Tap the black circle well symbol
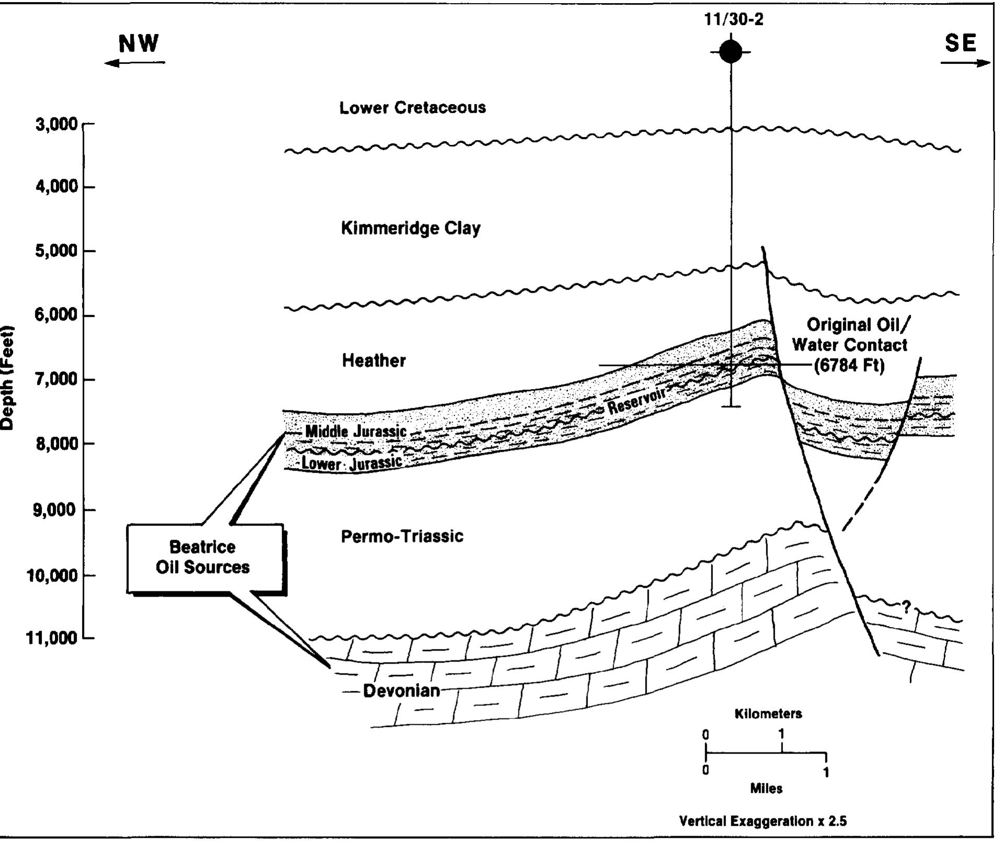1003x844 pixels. tap(731, 52)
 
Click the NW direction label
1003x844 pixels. tap(139, 43)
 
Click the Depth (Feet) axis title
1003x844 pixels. tap(7, 378)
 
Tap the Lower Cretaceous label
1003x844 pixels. tap(412, 108)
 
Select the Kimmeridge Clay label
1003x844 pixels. tap(411, 228)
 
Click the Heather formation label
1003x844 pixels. tap(374, 360)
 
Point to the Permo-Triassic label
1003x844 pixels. tap(402, 537)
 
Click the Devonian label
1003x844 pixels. tap(401, 691)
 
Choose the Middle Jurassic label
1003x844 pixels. tap(355, 431)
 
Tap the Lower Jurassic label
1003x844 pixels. tap(352, 463)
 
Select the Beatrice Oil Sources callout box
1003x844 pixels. tap(205, 557)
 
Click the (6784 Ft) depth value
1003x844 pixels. tap(849, 365)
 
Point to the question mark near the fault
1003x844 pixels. tap(906, 607)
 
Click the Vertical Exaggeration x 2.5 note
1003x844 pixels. tap(763, 821)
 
